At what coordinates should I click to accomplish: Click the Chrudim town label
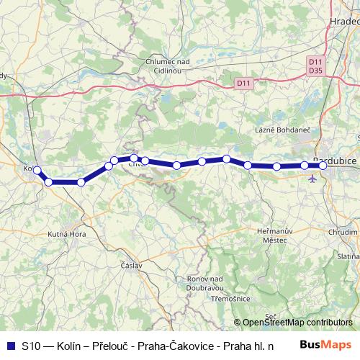point(343,233)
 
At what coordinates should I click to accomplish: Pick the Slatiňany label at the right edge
point(350,256)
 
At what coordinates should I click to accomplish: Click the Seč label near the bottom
point(271,316)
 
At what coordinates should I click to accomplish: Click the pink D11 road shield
point(245,84)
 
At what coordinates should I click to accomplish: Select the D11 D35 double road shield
point(315,66)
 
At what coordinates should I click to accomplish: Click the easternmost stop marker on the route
point(323,166)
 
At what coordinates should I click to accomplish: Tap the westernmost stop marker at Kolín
point(37,171)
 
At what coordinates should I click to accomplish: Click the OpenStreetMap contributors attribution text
point(297,322)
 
